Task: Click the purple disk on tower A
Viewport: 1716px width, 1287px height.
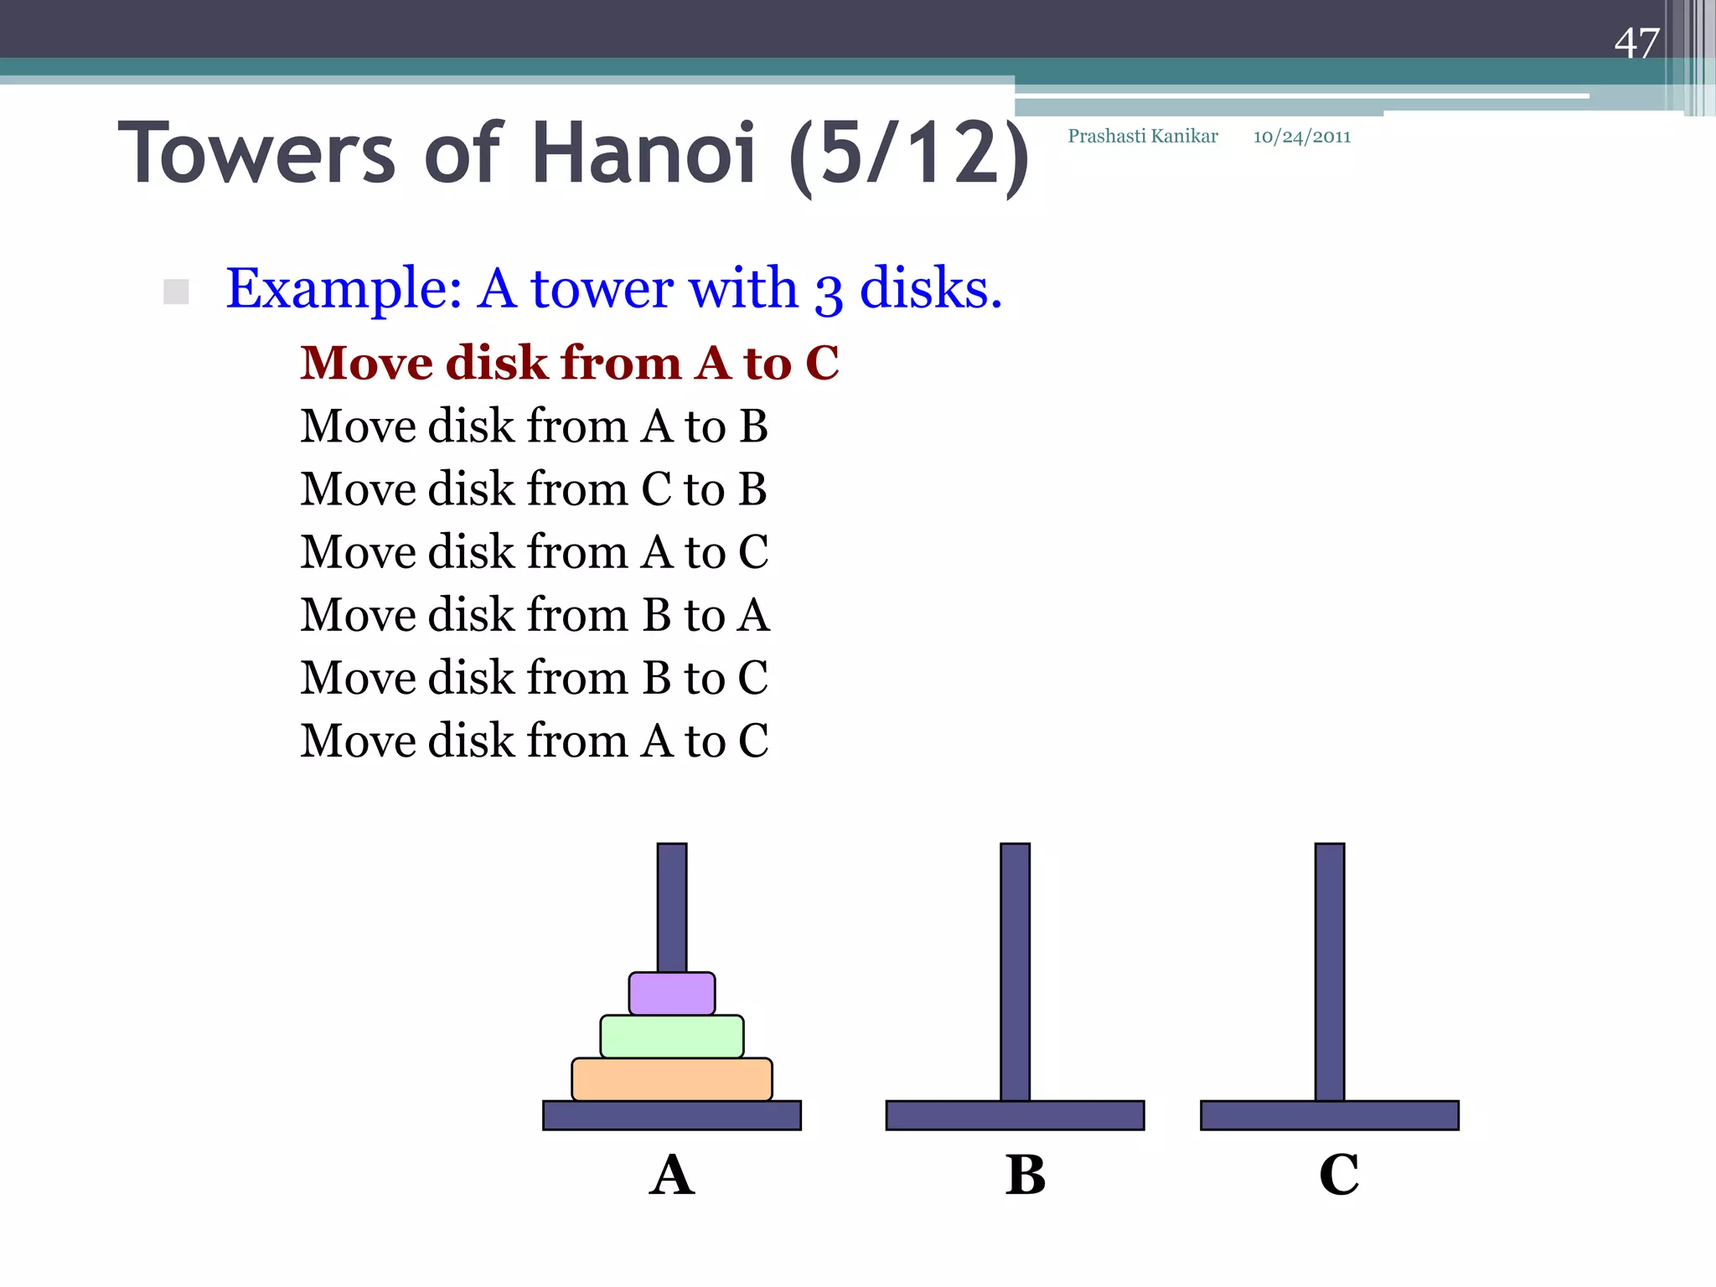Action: pos(672,994)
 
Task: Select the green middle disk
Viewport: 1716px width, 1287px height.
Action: pos(672,1036)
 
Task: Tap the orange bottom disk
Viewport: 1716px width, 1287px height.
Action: pos(672,1079)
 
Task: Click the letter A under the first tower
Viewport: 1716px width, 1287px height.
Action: pos(672,1175)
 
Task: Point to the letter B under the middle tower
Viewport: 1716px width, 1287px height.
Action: pos(1026,1175)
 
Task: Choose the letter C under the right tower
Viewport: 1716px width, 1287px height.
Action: pos(1339,1175)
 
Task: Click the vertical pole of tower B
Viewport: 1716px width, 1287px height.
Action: pos(1015,964)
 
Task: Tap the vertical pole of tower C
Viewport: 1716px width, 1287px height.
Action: pos(1330,964)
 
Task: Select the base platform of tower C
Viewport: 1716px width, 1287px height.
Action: pos(1330,1115)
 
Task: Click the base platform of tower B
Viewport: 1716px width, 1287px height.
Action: pos(1015,1115)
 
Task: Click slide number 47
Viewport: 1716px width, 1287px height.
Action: pos(1636,43)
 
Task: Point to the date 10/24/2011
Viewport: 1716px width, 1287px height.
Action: pos(1302,137)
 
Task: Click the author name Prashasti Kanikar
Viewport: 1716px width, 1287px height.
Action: pos(1143,137)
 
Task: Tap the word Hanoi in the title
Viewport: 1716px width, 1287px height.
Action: pos(644,153)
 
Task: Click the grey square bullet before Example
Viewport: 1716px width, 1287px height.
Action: pos(176,292)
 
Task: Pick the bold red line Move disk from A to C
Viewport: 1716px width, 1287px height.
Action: pos(570,363)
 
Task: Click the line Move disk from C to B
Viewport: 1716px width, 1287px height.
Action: pos(534,489)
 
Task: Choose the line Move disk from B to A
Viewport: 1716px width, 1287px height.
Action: pos(535,615)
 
